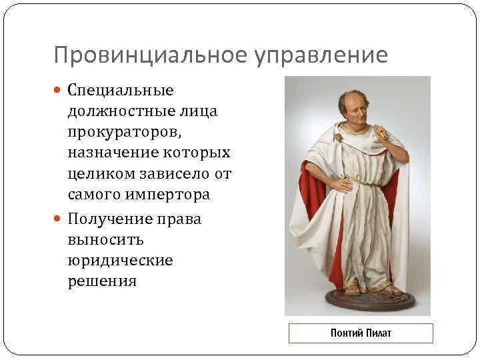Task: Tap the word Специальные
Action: pos(120,90)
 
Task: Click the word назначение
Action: pos(109,153)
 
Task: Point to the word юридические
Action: pos(120,259)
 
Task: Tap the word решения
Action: pos(101,281)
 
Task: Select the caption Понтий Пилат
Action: pos(361,333)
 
